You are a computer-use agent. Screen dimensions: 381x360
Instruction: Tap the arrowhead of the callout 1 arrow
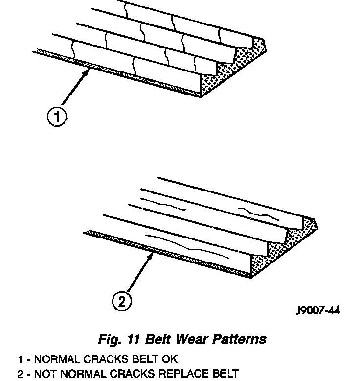click(88, 71)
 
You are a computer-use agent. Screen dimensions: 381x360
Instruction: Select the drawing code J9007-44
click(318, 310)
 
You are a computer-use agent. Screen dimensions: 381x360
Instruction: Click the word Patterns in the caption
click(240, 339)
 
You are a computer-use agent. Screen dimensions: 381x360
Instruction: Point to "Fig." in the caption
click(107, 339)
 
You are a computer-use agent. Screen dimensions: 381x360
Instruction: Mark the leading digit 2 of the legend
click(20, 375)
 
